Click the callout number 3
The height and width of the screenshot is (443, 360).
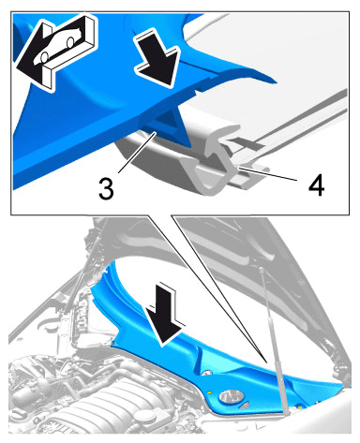[x=106, y=188]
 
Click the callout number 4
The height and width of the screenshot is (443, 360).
[x=316, y=185]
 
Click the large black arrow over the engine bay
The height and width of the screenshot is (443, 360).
[x=166, y=315]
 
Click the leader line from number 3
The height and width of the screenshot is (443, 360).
[x=137, y=152]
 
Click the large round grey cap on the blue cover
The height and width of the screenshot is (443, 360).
[x=231, y=397]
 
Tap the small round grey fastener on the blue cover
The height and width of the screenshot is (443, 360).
[x=205, y=373]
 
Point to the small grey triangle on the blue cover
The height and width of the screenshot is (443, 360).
[x=245, y=406]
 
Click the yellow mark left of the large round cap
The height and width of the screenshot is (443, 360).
[x=209, y=391]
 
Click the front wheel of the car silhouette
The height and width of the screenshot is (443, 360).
[x=44, y=56]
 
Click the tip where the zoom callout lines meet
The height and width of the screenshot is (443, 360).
[x=266, y=362]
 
